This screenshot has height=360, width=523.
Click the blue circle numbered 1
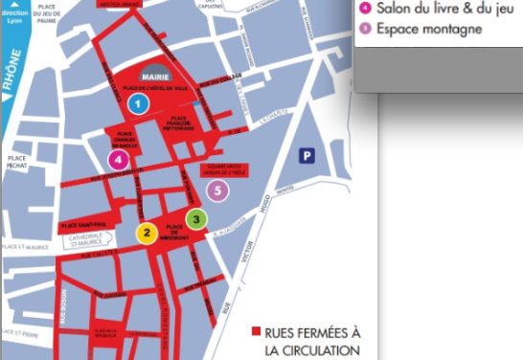[x=139, y=102]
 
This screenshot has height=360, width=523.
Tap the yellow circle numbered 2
[x=147, y=232]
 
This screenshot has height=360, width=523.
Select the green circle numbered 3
[x=196, y=219]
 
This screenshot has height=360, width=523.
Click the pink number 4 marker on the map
[x=118, y=159]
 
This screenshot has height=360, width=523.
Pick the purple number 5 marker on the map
[x=218, y=191]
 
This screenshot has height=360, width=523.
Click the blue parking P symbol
[x=307, y=154]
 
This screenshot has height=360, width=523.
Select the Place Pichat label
[x=17, y=162]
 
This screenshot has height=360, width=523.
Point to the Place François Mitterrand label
[x=197, y=122]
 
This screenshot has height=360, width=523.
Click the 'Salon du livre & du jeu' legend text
[x=440, y=8]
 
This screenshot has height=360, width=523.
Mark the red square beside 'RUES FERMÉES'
[x=256, y=332]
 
